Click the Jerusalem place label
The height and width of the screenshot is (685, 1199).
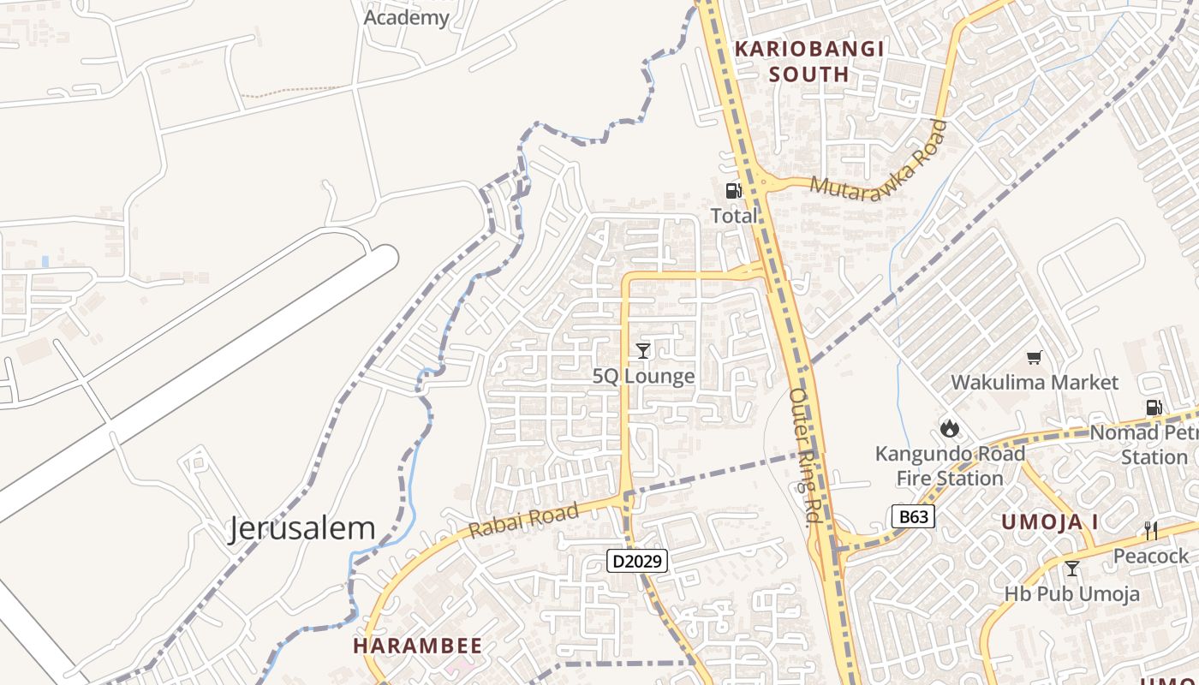pos(301,528)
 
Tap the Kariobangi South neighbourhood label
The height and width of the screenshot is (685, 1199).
pos(808,62)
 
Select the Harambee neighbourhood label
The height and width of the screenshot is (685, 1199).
pos(418,646)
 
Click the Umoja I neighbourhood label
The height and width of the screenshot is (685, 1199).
pos(1050,521)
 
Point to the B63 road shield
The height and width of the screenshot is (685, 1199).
pos(912,516)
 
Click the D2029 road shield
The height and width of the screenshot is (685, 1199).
pos(636,562)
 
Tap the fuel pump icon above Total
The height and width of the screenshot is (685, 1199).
pos(734,191)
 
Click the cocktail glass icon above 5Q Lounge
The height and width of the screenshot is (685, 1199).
pos(643,350)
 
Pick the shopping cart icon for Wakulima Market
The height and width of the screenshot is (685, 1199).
pos(1035,357)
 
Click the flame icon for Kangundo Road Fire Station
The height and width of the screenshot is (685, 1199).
pos(949,427)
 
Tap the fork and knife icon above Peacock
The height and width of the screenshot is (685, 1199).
pos(1151,531)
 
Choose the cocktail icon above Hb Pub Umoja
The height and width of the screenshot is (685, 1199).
pos(1071,568)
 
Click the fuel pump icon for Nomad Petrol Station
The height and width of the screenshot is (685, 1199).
pos(1154,408)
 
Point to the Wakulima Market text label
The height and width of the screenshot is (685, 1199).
pos(1035,382)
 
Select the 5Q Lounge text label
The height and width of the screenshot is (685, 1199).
pos(643,376)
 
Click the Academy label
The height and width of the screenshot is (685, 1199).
pos(407,17)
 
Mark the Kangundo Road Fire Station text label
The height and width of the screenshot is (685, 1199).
pos(950,466)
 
